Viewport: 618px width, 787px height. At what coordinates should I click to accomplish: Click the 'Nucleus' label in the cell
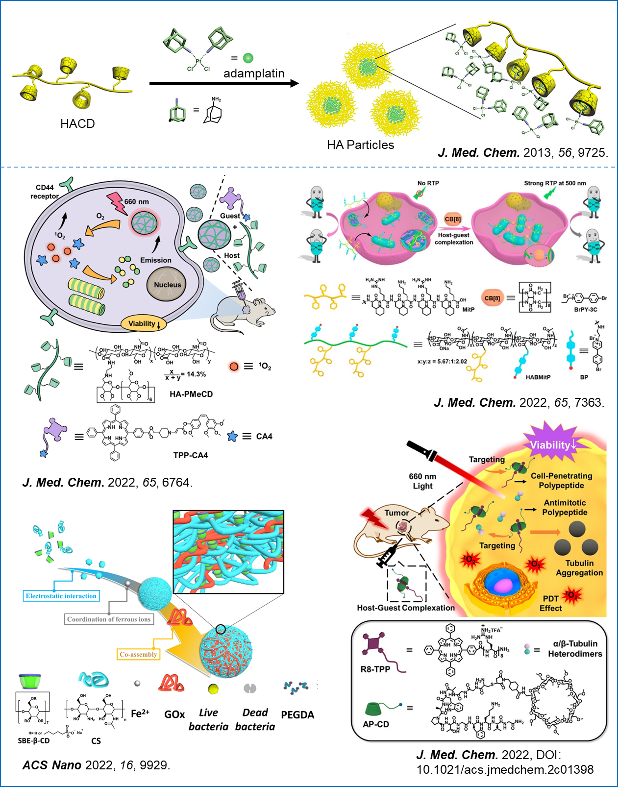click(167, 285)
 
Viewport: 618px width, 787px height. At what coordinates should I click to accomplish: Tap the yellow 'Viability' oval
click(144, 323)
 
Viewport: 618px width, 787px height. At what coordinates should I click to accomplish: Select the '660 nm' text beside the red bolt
click(137, 202)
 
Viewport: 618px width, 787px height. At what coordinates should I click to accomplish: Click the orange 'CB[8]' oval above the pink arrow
click(452, 219)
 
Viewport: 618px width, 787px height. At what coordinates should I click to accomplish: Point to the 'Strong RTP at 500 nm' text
click(555, 183)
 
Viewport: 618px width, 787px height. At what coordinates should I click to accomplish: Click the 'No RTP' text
click(428, 183)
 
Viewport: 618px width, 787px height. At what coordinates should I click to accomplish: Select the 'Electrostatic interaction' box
click(61, 596)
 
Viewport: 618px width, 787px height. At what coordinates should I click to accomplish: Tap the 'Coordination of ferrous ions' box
click(109, 619)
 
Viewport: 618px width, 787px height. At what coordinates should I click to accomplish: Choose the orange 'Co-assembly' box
click(138, 654)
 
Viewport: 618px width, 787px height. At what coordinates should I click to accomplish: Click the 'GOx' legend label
click(174, 714)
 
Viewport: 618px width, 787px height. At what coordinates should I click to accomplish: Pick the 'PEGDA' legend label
click(297, 715)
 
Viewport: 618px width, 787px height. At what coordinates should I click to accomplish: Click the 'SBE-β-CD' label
click(34, 740)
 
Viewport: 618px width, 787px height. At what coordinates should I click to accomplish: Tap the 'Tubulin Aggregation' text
click(579, 568)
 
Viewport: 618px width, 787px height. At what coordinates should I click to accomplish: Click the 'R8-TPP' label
click(375, 669)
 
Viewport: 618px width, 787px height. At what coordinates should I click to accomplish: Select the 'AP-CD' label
click(376, 724)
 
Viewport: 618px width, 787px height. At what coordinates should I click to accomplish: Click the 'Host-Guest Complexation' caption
click(406, 608)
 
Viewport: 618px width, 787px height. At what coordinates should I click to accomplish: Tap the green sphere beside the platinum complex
click(248, 58)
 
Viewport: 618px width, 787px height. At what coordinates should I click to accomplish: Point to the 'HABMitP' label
click(538, 377)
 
